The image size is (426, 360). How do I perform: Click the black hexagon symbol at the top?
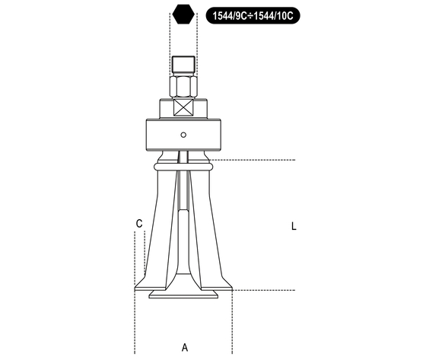[183, 14]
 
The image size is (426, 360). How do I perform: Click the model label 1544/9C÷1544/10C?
[253, 15]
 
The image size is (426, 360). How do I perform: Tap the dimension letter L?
[294, 226]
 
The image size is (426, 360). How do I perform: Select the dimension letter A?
[185, 347]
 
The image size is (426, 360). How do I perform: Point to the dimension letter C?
[139, 224]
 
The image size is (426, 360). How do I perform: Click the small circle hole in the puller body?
[183, 135]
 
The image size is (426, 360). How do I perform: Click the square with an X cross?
[183, 107]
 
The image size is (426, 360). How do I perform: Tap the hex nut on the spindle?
[183, 87]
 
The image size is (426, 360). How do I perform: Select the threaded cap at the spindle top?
[183, 66]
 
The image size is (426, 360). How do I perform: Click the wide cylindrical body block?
[183, 135]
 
